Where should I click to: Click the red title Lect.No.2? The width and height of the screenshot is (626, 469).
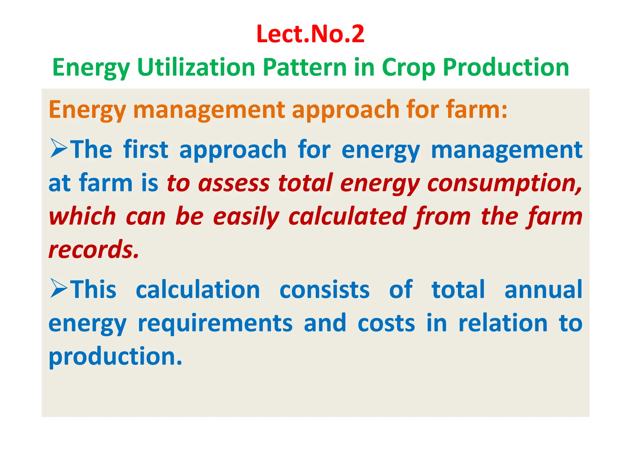310,34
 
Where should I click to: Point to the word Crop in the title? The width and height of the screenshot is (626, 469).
408,68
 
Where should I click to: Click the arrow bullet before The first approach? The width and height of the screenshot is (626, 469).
59,148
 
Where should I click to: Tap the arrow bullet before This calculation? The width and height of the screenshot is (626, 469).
59,288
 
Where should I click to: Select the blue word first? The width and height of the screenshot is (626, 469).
145,150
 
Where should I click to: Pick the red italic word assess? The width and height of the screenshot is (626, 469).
234,183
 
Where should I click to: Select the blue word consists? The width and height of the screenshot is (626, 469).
324,289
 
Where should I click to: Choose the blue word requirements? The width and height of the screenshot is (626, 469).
215,324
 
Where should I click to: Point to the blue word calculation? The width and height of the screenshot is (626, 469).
198,289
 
